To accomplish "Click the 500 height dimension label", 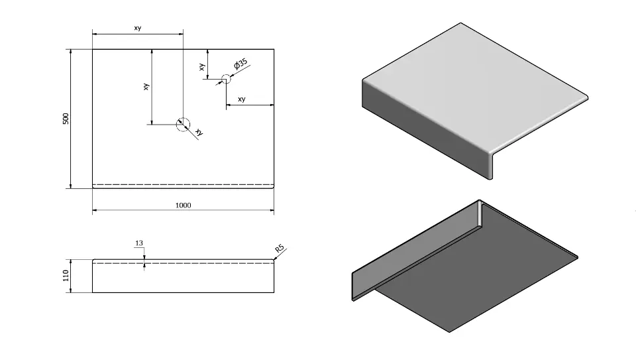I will point(66,119).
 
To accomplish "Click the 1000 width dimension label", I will point(183,206).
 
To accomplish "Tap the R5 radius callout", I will point(280,249).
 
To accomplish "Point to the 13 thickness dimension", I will point(139,243).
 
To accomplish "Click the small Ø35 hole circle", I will point(225,79).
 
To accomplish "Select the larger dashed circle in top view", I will point(183,123).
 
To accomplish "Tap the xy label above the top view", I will point(137,29).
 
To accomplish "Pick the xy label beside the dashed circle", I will point(199,133).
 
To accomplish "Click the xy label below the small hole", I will point(241,99).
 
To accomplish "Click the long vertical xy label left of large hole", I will point(146,86).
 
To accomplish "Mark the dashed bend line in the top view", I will point(183,184).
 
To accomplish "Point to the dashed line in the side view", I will point(183,263).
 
